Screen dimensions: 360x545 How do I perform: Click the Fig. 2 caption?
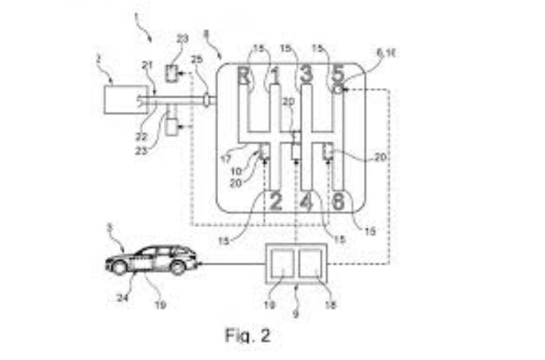(x=248, y=336)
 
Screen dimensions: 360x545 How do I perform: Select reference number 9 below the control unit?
(x=295, y=315)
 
